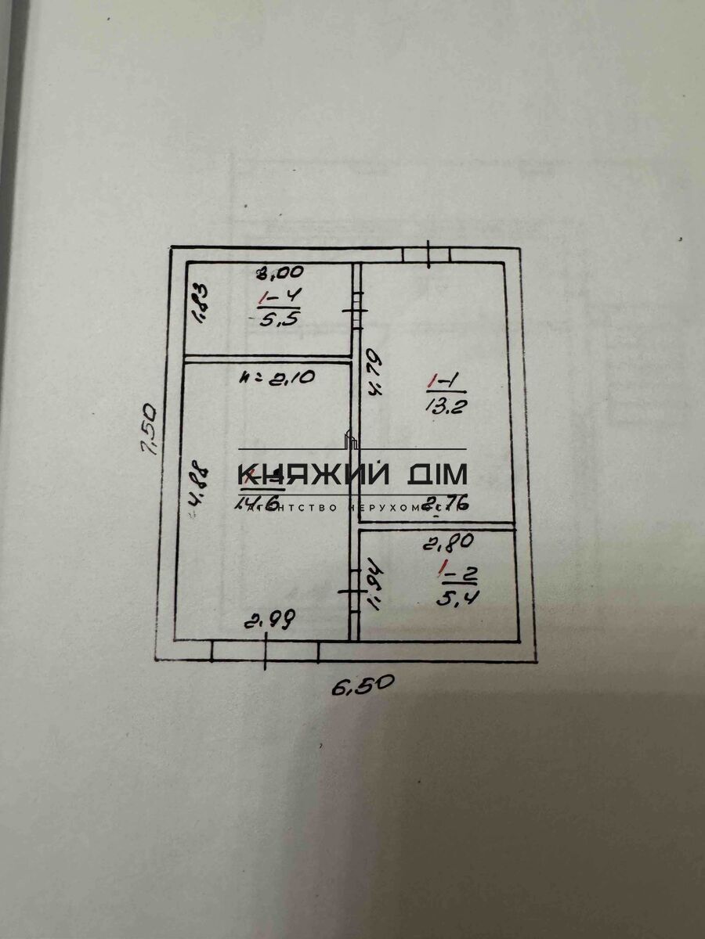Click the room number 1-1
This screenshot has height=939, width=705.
[446, 382]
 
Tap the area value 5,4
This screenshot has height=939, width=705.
[457, 598]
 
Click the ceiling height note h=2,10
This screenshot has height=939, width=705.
[277, 377]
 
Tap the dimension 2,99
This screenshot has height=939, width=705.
[270, 622]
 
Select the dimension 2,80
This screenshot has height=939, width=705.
[448, 539]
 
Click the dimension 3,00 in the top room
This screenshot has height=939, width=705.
[281, 273]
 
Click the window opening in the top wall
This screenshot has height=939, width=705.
[428, 254]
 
